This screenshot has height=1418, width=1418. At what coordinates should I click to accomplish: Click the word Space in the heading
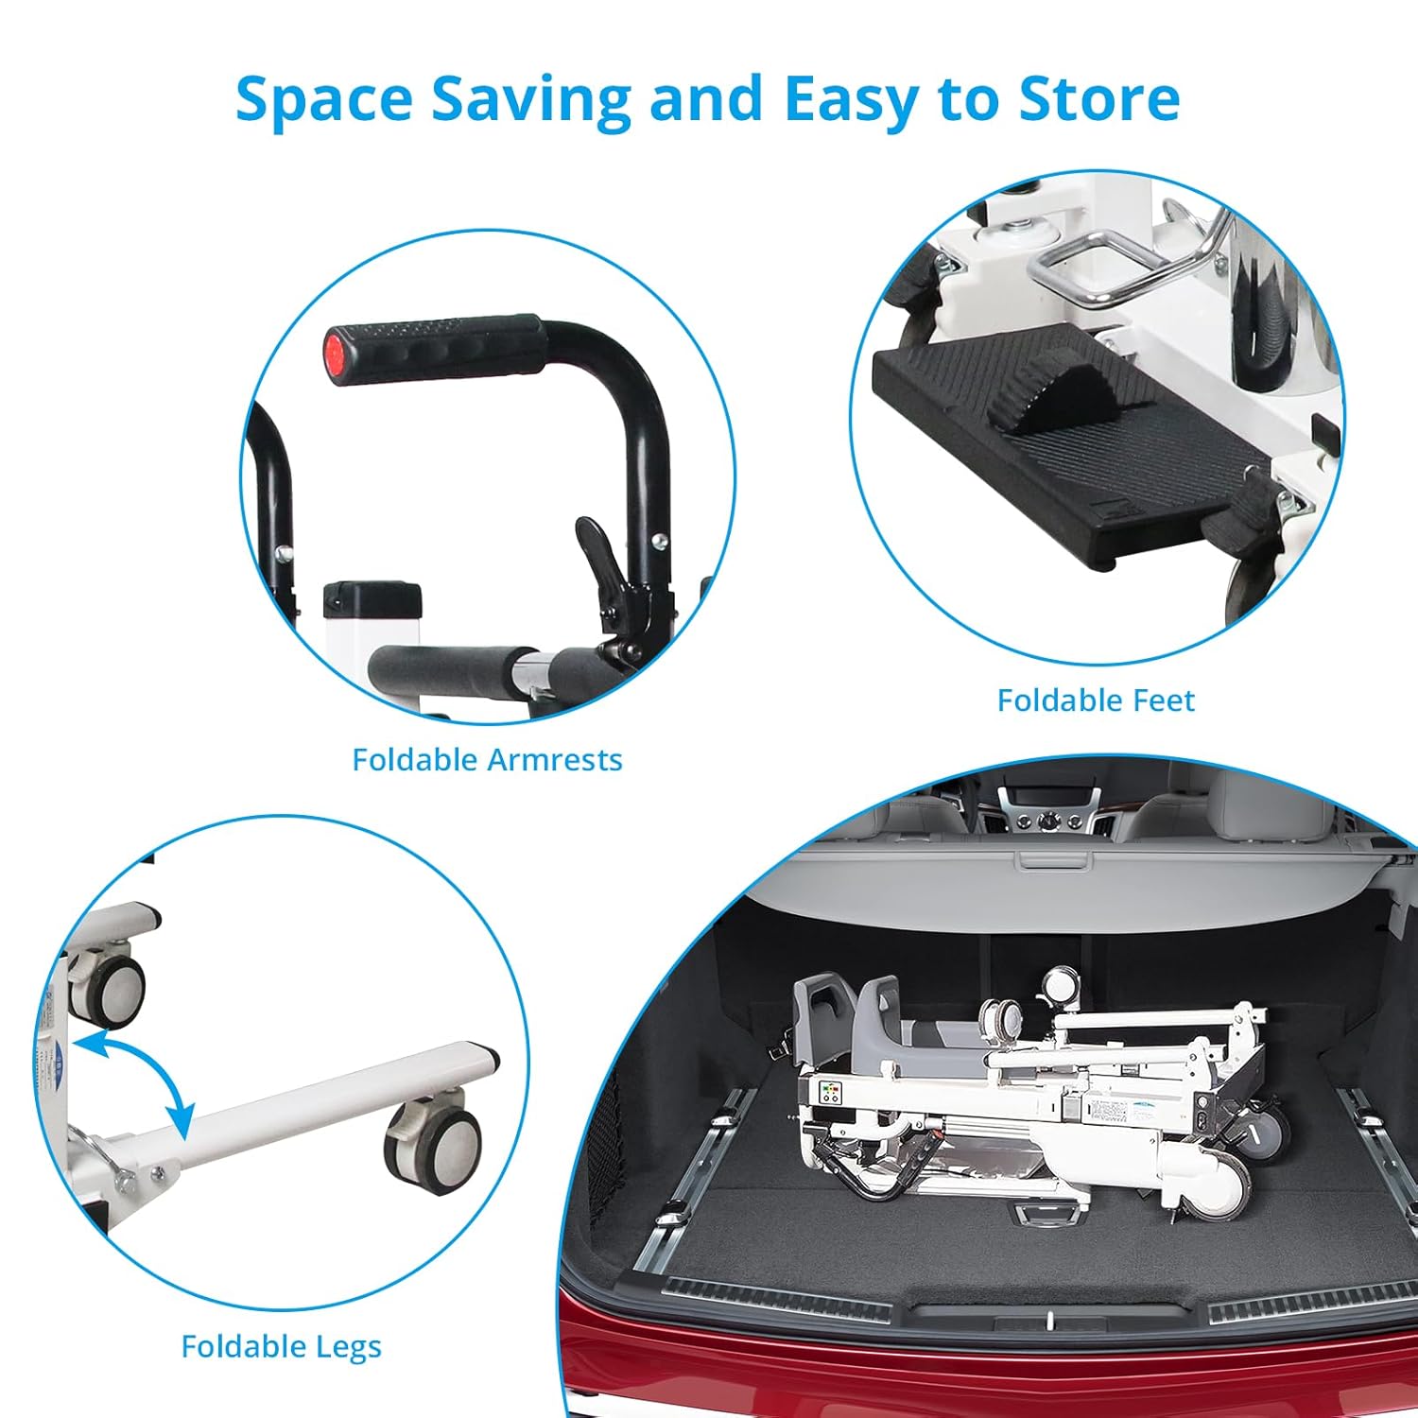pos(324,99)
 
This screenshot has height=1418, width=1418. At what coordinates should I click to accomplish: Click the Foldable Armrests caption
pos(487,759)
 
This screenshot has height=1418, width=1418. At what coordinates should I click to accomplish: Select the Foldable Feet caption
pos(1096,700)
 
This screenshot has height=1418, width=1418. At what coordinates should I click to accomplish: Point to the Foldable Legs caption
pos(281,1347)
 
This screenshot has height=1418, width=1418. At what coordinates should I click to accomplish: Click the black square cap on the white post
pos(372,598)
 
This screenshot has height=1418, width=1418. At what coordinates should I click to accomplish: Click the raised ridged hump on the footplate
pos(1047,402)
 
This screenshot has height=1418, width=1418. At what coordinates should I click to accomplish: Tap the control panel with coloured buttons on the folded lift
pos(831,1094)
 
